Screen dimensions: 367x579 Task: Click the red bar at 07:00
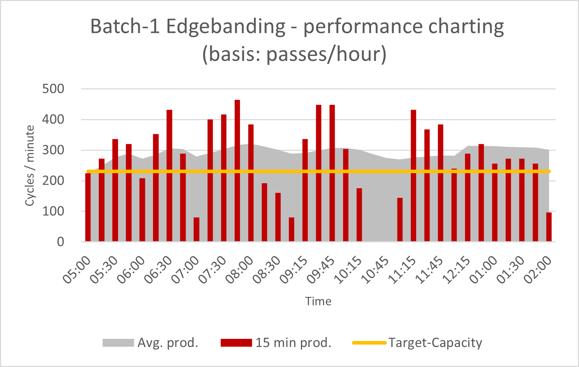pyautogui.click(x=196, y=229)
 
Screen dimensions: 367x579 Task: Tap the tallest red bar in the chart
pyautogui.click(x=237, y=171)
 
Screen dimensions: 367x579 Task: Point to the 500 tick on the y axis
pyautogui.click(x=53, y=89)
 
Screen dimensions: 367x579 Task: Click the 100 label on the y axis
pyautogui.click(x=53, y=211)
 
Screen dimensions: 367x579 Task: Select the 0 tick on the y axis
pyautogui.click(x=61, y=242)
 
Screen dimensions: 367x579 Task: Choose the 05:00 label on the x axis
pyautogui.click(x=77, y=271)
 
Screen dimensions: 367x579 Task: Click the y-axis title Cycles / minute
pyautogui.click(x=30, y=165)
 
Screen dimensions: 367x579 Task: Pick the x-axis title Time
pyautogui.click(x=318, y=301)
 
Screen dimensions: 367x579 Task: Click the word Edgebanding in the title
pyautogui.click(x=226, y=26)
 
